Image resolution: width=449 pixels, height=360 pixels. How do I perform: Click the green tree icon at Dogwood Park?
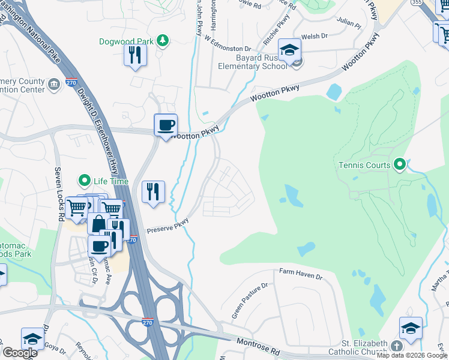pos(162,41)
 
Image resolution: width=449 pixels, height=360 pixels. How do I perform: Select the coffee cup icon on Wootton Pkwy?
pos(166,125)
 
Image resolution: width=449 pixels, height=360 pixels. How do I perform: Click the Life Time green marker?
pos(85,181)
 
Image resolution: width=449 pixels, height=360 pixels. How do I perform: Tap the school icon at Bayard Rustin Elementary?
pos(289,52)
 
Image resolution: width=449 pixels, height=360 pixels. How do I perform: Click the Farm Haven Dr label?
pos(301,274)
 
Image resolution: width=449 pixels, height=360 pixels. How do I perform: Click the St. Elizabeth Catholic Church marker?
pos(396,346)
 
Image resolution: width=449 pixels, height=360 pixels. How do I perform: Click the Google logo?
pos(19,353)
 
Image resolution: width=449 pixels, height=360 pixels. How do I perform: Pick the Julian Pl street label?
pos(349,26)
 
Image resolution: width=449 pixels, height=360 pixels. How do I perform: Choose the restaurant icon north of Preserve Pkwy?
pos(153,192)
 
